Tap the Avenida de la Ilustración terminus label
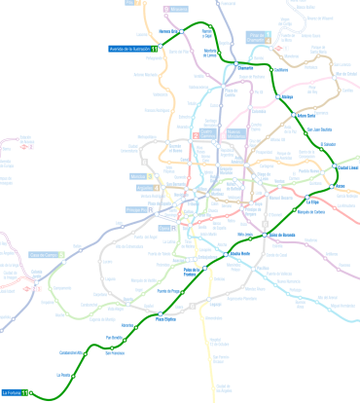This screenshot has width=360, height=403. [x=128, y=49]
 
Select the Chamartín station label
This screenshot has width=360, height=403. [x=245, y=69]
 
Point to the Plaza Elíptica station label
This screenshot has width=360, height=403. [x=166, y=319]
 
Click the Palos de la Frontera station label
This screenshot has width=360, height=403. [x=197, y=273]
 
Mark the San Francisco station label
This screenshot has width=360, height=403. [x=115, y=353]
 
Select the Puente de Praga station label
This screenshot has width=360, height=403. [x=168, y=291]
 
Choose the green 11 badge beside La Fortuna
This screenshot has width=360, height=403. [x=39, y=392]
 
